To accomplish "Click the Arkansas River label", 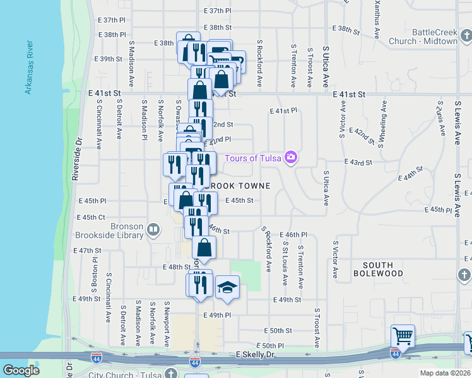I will pyautogui.click(x=28, y=68).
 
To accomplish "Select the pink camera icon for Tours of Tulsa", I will pyautogui.click(x=290, y=157).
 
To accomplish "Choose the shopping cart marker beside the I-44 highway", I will pyautogui.click(x=402, y=336).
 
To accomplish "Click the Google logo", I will pyautogui.click(x=21, y=370).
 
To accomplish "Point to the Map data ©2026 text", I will pyautogui.click(x=445, y=372).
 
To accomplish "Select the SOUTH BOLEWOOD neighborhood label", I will pyautogui.click(x=378, y=270).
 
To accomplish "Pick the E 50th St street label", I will pyautogui.click(x=278, y=330).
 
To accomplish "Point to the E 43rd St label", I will pyautogui.click(x=358, y=163).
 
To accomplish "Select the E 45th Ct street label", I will pyautogui.click(x=91, y=217).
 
